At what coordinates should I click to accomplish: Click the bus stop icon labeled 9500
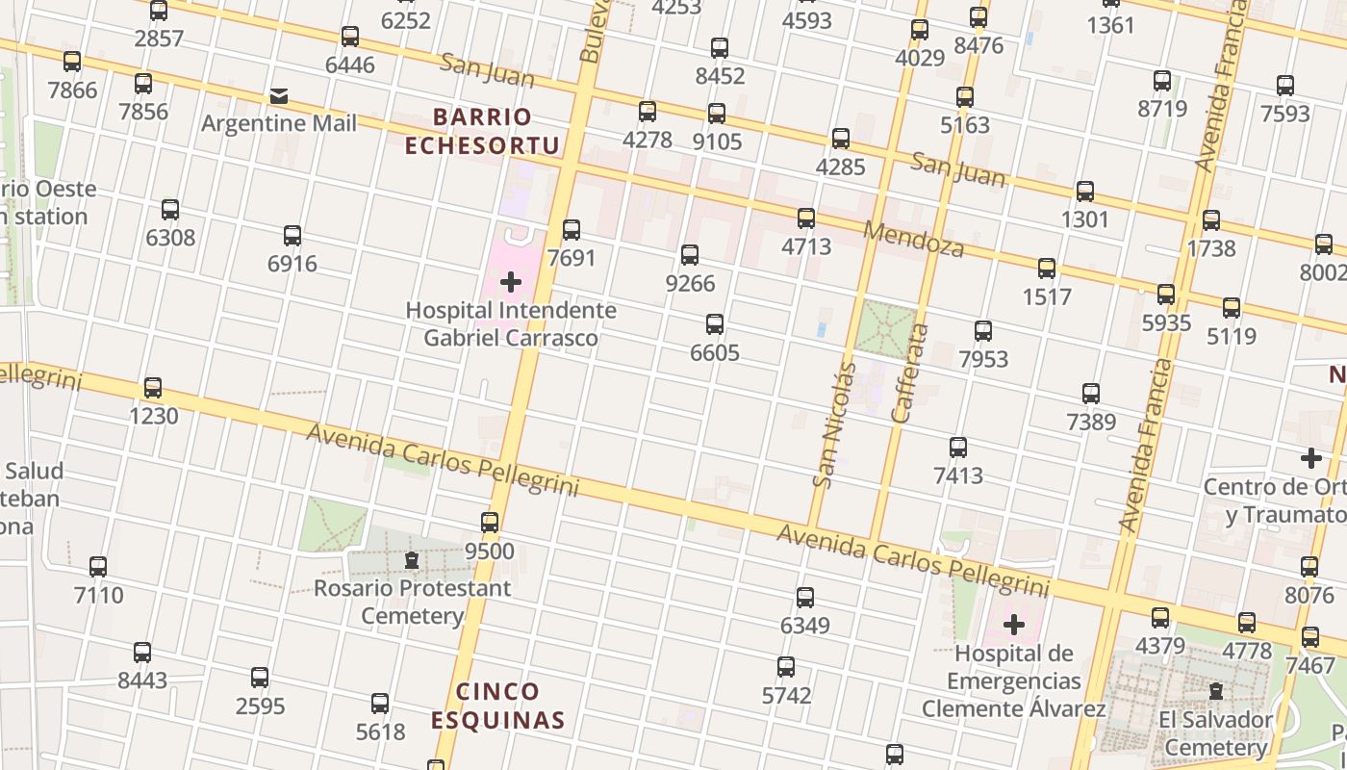pos(490,523)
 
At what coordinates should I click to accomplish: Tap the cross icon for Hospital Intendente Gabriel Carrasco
pos(511,282)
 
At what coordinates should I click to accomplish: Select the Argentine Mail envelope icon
pos(279,95)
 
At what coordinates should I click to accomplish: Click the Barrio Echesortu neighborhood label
pos(482,131)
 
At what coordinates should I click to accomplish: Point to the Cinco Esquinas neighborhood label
pos(497,706)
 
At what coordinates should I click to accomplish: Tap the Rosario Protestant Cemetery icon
pos(412,559)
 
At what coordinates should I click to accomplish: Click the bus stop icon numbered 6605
pos(715,324)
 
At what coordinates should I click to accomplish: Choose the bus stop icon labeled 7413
pos(958,448)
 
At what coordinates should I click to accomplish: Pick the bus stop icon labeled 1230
pos(153,388)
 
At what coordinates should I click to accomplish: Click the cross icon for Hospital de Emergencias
pos(1013,626)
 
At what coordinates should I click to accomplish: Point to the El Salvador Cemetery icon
pos(1216,691)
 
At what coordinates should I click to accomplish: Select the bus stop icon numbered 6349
pos(805,598)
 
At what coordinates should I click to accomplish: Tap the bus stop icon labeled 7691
pos(572,230)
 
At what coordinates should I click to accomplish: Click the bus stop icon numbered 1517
pos(1047,269)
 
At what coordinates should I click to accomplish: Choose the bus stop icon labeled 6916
pos(292,236)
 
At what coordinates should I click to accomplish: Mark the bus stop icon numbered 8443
pos(142,653)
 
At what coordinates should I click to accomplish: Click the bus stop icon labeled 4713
pos(806,218)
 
